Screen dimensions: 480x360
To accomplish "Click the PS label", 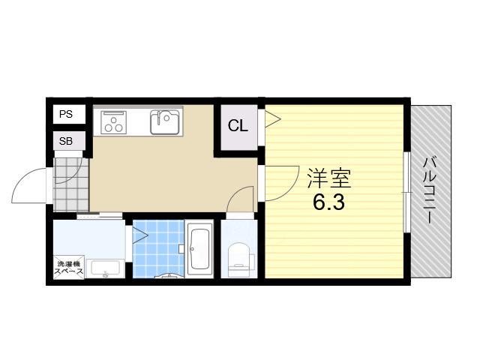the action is click(66, 114).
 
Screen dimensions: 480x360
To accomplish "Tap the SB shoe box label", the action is click(66, 141).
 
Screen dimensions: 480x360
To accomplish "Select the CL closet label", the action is click(238, 125).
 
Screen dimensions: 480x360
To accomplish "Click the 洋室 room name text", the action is click(329, 178).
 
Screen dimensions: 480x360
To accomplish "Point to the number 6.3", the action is click(329, 202).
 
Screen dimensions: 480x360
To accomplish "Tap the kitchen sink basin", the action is click(165, 121).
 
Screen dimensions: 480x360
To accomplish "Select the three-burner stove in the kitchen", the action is click(113, 122).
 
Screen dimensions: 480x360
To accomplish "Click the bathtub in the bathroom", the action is click(199, 249).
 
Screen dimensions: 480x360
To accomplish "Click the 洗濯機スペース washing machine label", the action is click(68, 267).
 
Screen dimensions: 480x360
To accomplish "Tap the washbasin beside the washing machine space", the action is click(105, 268).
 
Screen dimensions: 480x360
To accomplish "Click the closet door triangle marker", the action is click(272, 119).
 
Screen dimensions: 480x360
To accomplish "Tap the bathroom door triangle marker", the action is click(140, 235).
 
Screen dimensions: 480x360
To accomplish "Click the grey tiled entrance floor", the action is click(71, 184).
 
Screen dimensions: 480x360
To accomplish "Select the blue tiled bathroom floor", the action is click(158, 248).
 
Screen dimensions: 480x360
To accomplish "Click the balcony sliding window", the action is click(406, 192).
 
